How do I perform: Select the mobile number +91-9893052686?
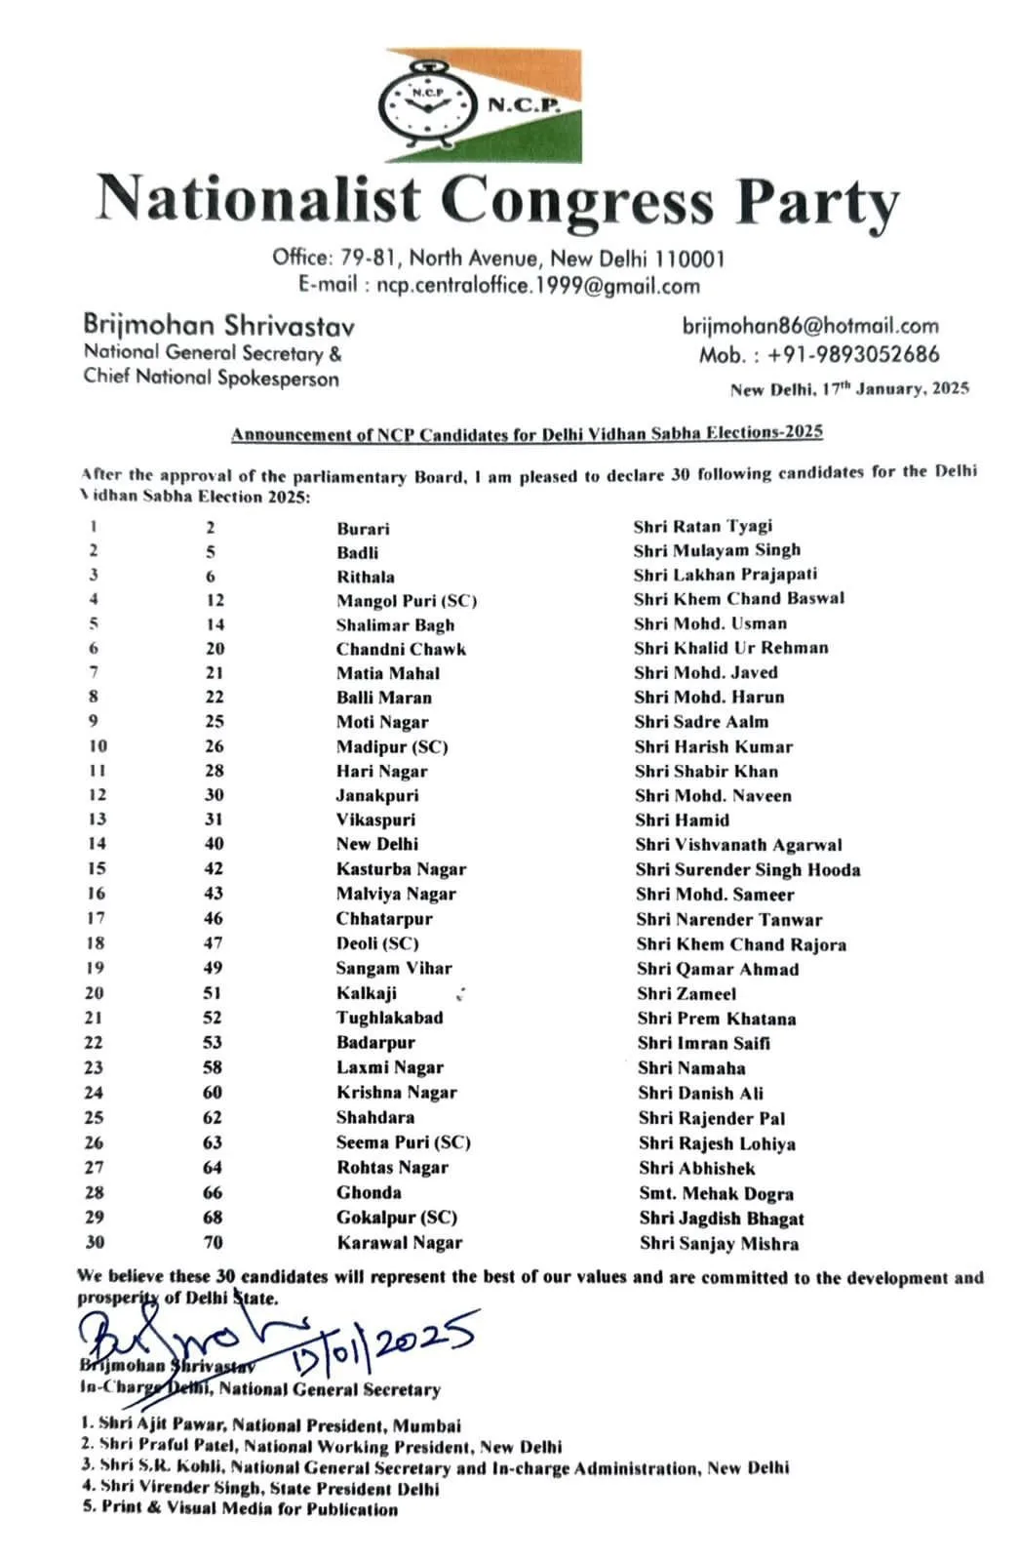pyautogui.click(x=853, y=354)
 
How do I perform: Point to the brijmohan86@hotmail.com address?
pyautogui.click(x=810, y=326)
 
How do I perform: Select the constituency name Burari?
pyautogui.click(x=363, y=528)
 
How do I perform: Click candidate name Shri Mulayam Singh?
pyautogui.click(x=716, y=550)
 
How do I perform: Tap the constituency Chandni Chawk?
pyautogui.click(x=401, y=649)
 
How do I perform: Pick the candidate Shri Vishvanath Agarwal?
pyautogui.click(x=738, y=845)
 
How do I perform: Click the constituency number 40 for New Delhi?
pyautogui.click(x=215, y=844)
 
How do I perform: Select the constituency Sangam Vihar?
pyautogui.click(x=394, y=968)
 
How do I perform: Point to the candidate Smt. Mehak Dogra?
pyautogui.click(x=716, y=1193)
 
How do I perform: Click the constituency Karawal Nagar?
pyautogui.click(x=400, y=1242)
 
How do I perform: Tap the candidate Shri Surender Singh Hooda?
pyautogui.click(x=747, y=869)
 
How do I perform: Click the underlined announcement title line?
pyautogui.click(x=527, y=433)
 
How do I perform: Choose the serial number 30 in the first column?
pyautogui.click(x=95, y=1242)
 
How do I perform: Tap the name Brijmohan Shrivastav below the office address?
pyautogui.click(x=218, y=325)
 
